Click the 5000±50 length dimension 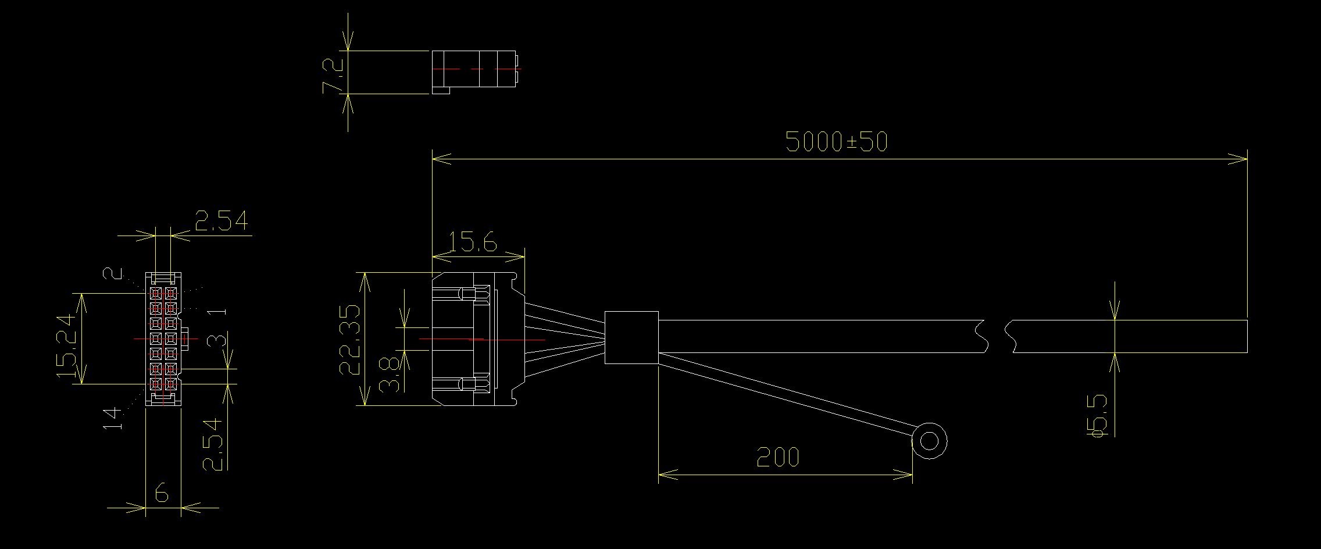pyautogui.click(x=836, y=141)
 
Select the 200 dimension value pyautogui.click(x=777, y=458)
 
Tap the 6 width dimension pyautogui.click(x=162, y=494)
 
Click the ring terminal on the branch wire pyautogui.click(x=929, y=441)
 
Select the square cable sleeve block pyautogui.click(x=631, y=337)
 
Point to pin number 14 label pyautogui.click(x=114, y=418)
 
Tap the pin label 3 pyautogui.click(x=217, y=340)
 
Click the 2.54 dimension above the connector pyautogui.click(x=221, y=222)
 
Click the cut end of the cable pyautogui.click(x=1246, y=336)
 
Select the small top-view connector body pyautogui.click(x=474, y=70)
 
